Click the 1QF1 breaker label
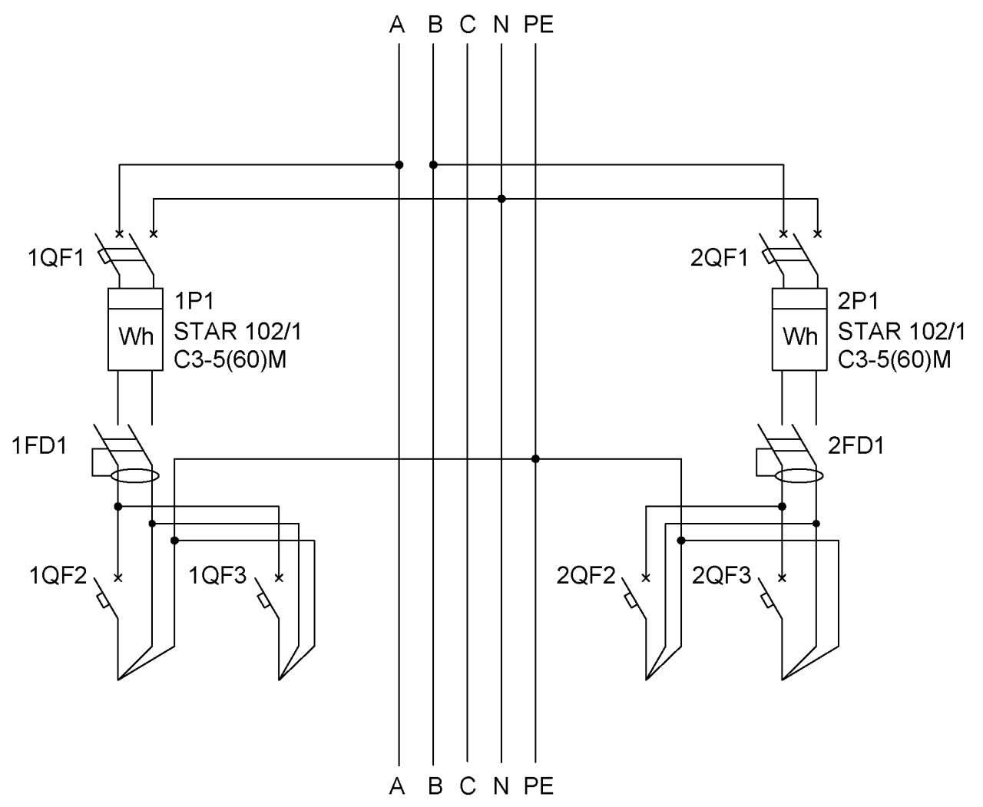(56, 258)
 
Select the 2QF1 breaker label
(719, 258)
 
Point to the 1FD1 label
(39, 446)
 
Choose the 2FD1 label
(856, 446)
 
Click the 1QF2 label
(58, 576)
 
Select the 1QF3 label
(217, 576)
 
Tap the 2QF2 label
(586, 576)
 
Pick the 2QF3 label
(721, 576)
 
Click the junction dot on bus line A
(399, 165)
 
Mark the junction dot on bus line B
(433, 165)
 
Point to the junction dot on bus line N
(501, 199)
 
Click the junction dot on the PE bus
(535, 459)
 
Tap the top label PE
(538, 25)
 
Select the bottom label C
(468, 786)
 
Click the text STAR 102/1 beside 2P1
(902, 332)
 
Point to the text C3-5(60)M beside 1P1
(230, 360)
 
